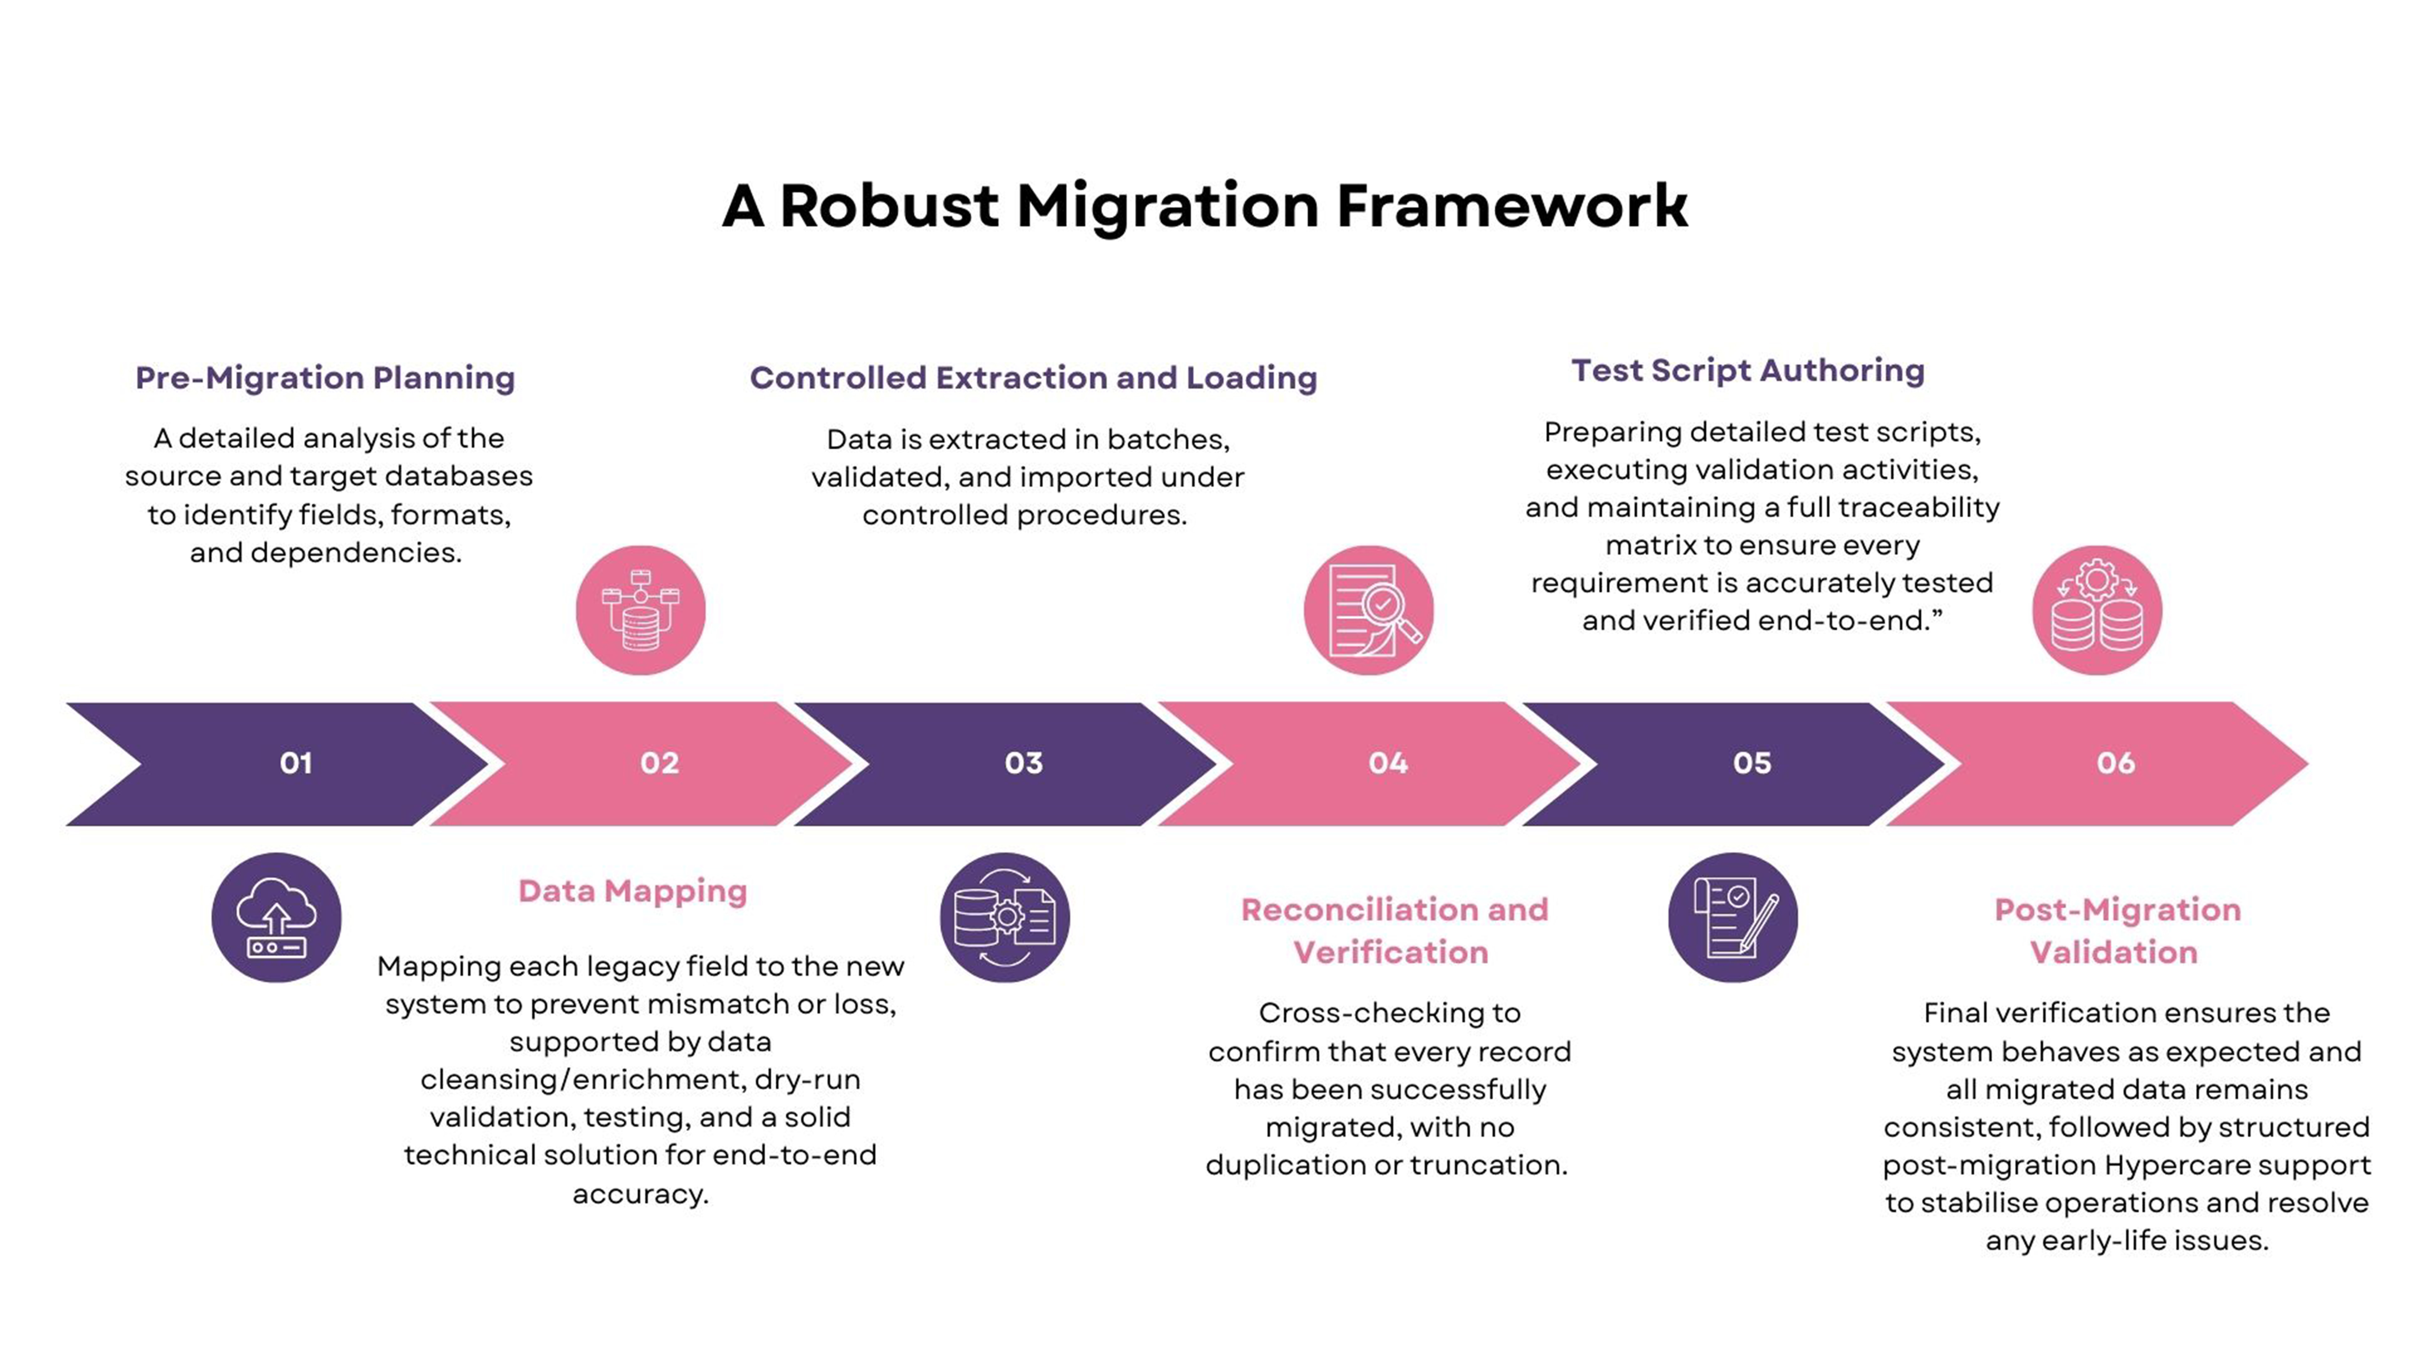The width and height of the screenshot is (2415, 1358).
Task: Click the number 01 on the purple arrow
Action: click(x=295, y=763)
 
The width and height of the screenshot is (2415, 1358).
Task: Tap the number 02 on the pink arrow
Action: click(x=659, y=763)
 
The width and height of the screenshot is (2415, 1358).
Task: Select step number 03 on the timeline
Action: click(x=1024, y=763)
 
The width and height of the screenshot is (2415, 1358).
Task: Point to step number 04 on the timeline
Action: click(x=1388, y=763)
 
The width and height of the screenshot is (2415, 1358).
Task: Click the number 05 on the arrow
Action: click(x=1751, y=763)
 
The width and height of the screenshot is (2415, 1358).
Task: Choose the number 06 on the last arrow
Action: click(x=2115, y=763)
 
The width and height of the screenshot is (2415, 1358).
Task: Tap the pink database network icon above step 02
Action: click(x=640, y=611)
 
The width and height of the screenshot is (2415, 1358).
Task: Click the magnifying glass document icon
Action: click(x=1369, y=611)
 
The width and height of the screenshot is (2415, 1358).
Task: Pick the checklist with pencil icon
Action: click(x=1733, y=917)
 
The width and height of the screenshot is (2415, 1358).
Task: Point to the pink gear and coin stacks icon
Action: click(x=2097, y=611)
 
